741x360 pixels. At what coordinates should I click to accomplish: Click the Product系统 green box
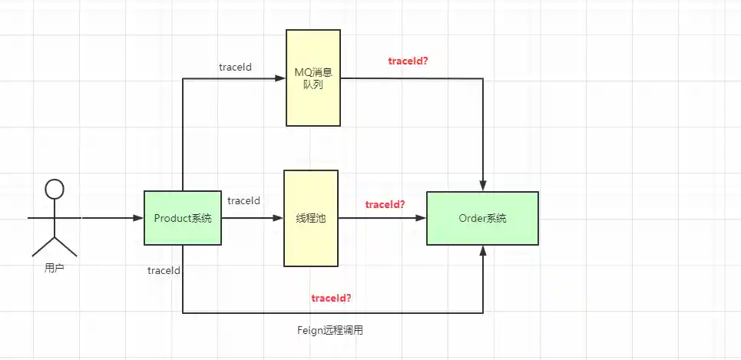coord(182,218)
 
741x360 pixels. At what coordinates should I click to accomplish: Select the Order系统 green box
coord(482,219)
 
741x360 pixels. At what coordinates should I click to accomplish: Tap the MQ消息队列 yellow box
coord(313,78)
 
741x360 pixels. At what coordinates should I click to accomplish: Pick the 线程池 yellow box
coord(311,219)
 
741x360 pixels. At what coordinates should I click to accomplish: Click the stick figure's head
coord(53,189)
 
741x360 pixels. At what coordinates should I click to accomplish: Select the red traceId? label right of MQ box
coord(408,60)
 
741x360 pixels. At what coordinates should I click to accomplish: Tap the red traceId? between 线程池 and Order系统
coord(385,204)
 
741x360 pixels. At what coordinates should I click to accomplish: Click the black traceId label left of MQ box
coord(235,67)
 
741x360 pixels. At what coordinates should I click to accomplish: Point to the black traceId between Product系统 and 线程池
coord(243,200)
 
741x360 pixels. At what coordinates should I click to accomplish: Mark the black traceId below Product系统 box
coord(164,270)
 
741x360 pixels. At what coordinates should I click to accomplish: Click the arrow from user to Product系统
coord(112,218)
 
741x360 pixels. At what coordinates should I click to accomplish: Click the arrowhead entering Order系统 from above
coord(483,187)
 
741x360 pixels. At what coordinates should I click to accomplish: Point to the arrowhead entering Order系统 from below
coord(483,251)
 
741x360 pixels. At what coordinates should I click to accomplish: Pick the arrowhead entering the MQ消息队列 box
coord(281,78)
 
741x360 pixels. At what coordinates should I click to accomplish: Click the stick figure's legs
coord(54,245)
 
